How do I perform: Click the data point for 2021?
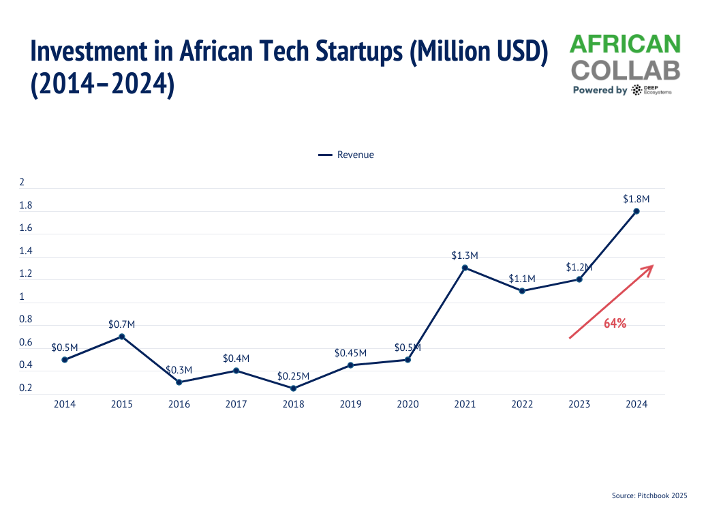(x=465, y=268)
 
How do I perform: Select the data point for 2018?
(x=293, y=388)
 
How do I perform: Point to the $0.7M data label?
(x=122, y=324)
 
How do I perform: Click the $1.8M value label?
(x=636, y=199)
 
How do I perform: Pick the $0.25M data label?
(x=293, y=376)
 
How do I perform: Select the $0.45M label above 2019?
(x=350, y=353)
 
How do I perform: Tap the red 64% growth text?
(x=615, y=324)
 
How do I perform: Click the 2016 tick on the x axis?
(x=179, y=404)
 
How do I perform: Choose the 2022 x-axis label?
(x=522, y=404)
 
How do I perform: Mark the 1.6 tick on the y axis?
(x=26, y=228)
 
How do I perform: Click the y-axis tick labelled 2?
(x=22, y=183)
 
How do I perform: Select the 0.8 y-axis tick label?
(x=26, y=320)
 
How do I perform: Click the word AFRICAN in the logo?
(x=625, y=44)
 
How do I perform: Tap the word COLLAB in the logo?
(x=625, y=70)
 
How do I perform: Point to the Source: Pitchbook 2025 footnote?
(x=649, y=496)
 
